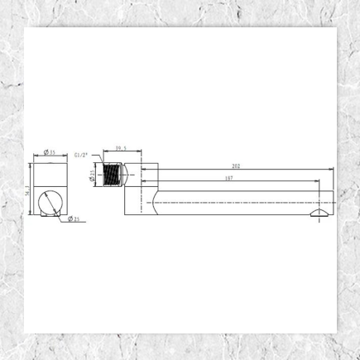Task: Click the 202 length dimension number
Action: coord(238,166)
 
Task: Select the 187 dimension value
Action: coord(228,178)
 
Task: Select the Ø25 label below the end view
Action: coord(74,219)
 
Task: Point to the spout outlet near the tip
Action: coord(319,213)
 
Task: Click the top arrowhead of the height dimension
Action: coord(31,165)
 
